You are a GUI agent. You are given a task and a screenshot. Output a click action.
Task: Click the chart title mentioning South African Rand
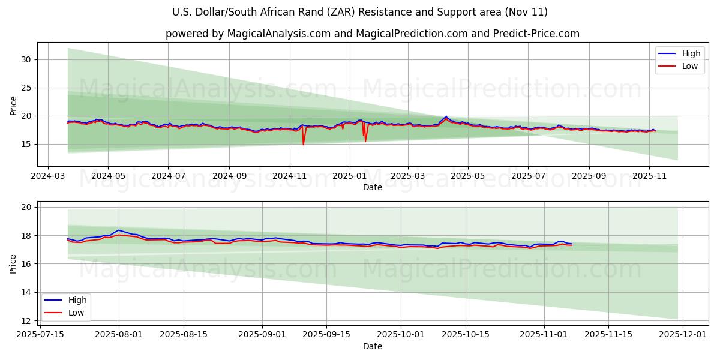tap(359, 12)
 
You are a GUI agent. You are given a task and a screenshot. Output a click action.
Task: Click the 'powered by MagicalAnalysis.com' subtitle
tap(372, 34)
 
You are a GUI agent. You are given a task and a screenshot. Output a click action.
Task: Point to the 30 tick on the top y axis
tap(26, 59)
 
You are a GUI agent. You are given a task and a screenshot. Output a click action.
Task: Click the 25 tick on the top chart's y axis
tap(26, 88)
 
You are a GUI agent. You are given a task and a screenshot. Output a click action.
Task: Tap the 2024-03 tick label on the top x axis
tap(49, 176)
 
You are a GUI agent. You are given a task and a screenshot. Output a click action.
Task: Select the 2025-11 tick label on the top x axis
tap(649, 176)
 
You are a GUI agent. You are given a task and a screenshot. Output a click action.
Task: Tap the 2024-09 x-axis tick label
tap(229, 176)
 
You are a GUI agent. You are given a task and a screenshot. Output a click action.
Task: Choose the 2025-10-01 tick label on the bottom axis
tap(403, 335)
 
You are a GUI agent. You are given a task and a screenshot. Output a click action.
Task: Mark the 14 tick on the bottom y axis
tap(26, 292)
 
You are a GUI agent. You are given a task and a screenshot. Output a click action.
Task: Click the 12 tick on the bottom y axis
tap(26, 321)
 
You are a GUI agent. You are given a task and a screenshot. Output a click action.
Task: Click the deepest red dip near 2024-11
tap(303, 144)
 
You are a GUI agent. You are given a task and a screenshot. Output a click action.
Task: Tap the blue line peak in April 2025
tap(446, 116)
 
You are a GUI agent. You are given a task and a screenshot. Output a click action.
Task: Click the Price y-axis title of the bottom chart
tap(13, 264)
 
